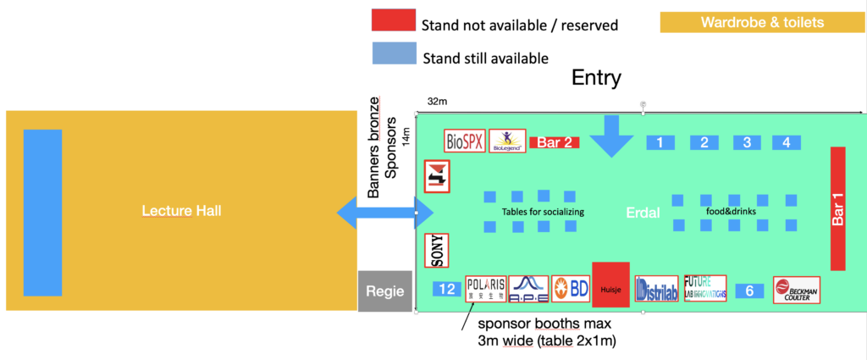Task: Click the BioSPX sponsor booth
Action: (465, 141)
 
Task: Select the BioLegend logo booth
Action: (507, 141)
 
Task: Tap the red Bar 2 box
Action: (555, 142)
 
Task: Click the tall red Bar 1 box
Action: (838, 209)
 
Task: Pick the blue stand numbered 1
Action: (660, 142)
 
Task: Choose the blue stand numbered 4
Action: (787, 142)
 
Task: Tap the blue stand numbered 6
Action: (749, 291)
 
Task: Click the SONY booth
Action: (437, 250)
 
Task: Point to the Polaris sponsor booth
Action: (486, 289)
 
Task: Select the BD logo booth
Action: (572, 289)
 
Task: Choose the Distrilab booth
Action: (656, 289)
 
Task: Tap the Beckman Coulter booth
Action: (797, 290)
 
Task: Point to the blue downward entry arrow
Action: (611, 136)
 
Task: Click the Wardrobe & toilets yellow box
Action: (762, 23)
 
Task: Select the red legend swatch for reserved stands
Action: (394, 22)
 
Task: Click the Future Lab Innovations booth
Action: (705, 288)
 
